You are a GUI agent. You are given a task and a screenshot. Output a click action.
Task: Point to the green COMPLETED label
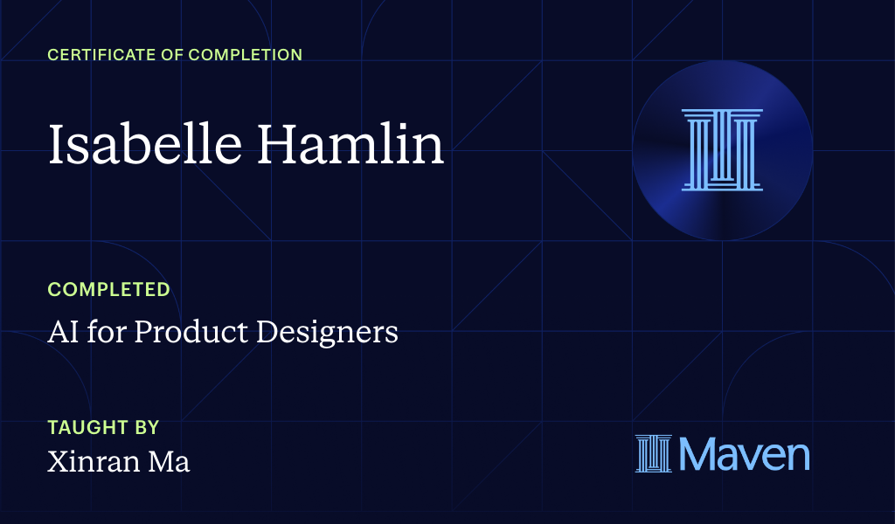pos(108,289)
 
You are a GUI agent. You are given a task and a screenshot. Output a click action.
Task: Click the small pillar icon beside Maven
pos(653,454)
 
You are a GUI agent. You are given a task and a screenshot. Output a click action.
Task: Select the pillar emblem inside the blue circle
pos(722,149)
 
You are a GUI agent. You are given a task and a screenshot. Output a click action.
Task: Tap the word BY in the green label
pos(145,428)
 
